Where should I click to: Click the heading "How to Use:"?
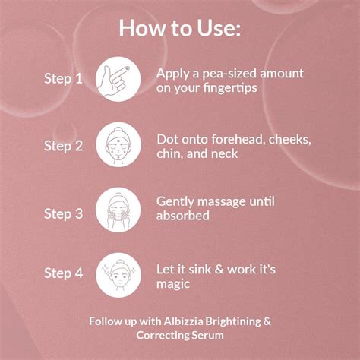pos(180,28)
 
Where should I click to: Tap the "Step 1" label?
pos(63,78)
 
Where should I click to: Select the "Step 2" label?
pos(63,146)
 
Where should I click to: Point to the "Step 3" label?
pos(63,213)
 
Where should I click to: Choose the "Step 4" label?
pos(63,273)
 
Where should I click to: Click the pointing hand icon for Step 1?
pos(118,79)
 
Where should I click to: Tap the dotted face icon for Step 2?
pos(118,144)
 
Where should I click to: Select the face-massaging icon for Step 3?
pos(118,210)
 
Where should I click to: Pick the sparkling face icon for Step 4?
pos(118,275)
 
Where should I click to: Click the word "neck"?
pos(225,154)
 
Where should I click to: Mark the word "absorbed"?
pos(183,216)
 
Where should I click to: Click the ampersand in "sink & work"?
pos(219,270)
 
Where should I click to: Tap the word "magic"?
pos(173,284)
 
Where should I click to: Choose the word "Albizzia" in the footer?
pos(183,321)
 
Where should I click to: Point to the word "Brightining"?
pos(232,322)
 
